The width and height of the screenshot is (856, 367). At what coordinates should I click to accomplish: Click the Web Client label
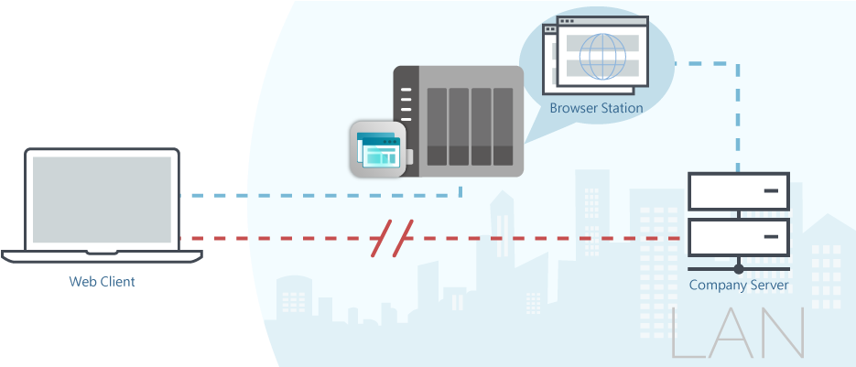(102, 282)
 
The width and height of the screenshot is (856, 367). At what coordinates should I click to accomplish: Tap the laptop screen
(102, 200)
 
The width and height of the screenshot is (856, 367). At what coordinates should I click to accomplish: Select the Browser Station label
(596, 108)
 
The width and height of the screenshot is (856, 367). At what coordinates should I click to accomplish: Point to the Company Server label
(738, 286)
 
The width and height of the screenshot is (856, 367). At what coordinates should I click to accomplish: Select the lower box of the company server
(738, 238)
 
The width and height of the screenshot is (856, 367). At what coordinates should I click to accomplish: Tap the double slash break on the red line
(393, 239)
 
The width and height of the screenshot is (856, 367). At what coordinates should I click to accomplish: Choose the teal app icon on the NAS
(378, 149)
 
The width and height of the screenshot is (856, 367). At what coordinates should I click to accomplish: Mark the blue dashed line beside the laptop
(220, 196)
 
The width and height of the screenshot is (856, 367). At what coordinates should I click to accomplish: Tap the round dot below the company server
(738, 269)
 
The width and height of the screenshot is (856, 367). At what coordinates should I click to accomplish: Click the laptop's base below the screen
(102, 255)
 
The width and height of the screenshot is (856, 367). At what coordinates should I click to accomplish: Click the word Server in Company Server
(769, 286)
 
